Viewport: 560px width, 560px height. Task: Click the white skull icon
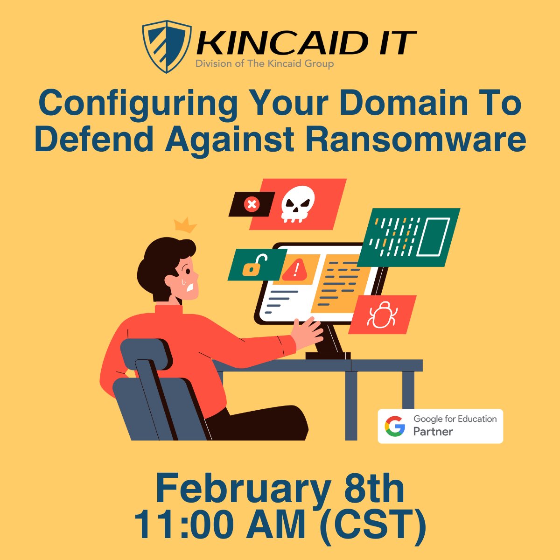(297, 204)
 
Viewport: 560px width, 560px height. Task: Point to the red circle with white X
(252, 204)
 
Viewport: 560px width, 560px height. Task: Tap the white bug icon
(382, 315)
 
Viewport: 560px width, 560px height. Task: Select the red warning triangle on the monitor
(295, 269)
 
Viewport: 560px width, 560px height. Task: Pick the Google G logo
(395, 426)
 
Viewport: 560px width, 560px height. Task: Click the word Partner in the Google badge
(433, 432)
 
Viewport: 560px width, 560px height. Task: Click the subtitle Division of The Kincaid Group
(264, 64)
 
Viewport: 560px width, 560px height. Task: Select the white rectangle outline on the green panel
(433, 237)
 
